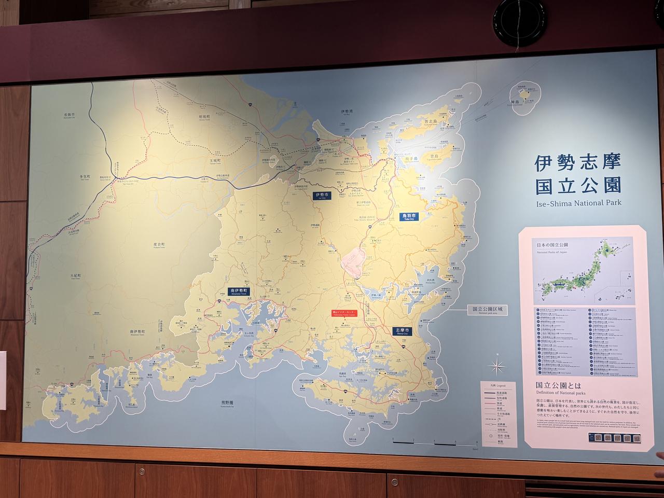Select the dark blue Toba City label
(408, 217)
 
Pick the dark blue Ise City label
(320, 196)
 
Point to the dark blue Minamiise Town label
(239, 292)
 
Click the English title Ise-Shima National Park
(578, 203)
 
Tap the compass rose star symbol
(497, 367)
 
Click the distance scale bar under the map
(434, 442)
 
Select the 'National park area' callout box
(487, 310)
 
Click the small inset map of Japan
(583, 270)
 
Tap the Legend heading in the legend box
(497, 386)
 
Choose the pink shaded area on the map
(354, 259)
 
